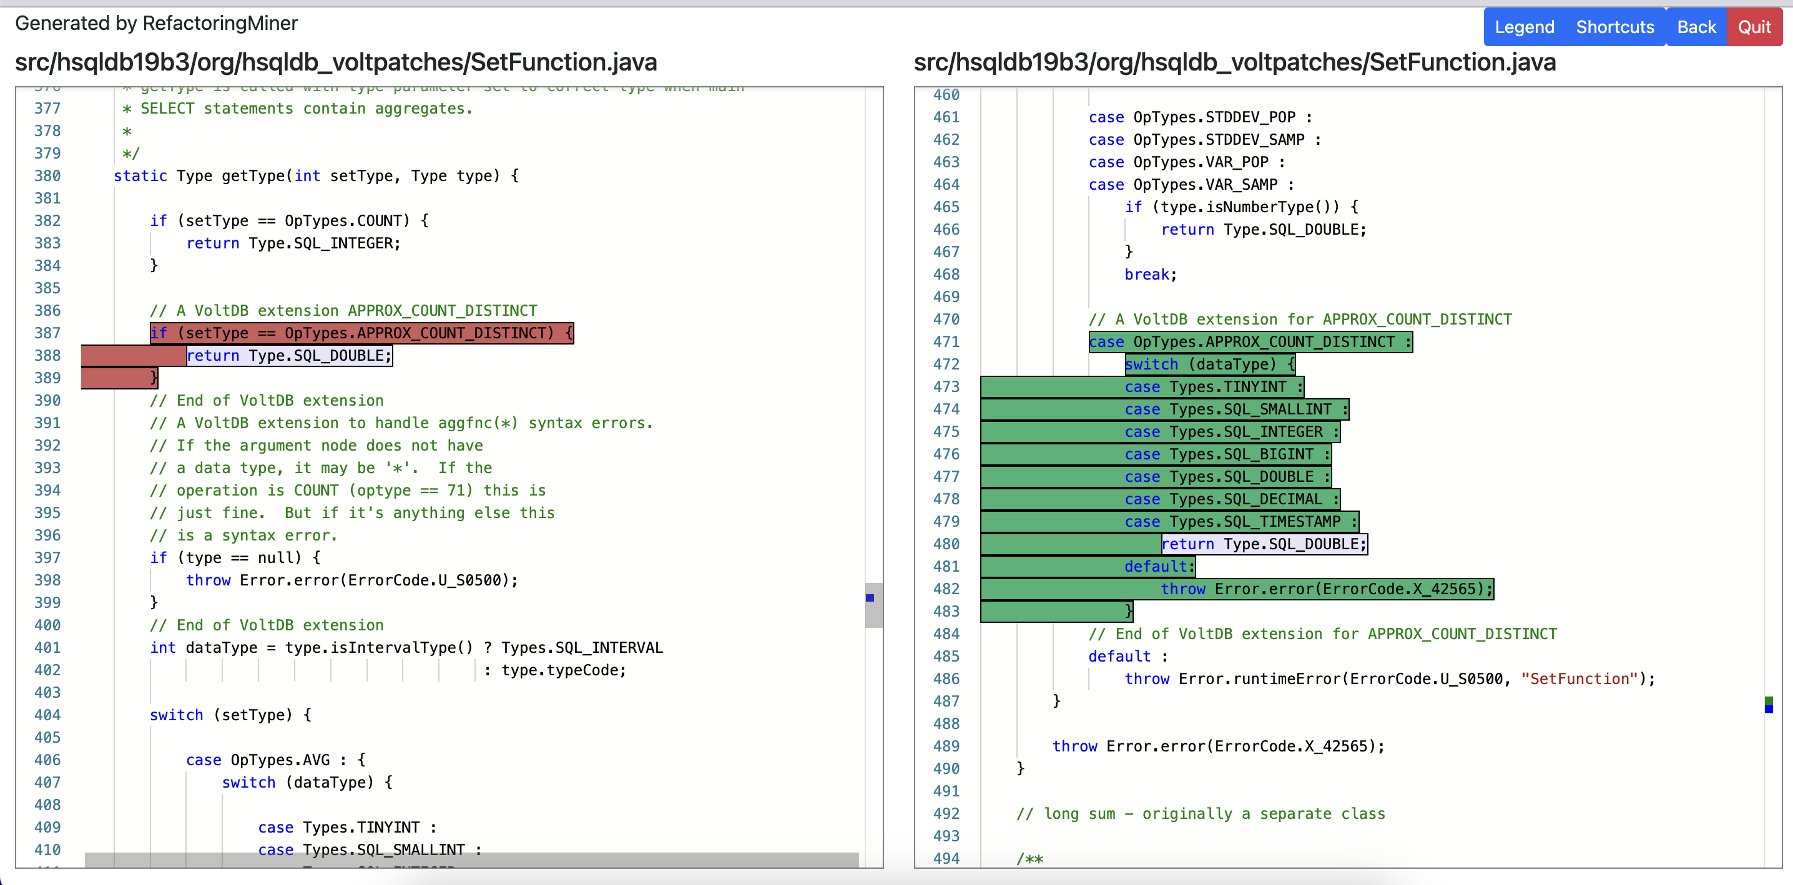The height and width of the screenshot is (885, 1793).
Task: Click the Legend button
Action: pyautogui.click(x=1525, y=27)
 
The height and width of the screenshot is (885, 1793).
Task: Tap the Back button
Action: pyautogui.click(x=1696, y=27)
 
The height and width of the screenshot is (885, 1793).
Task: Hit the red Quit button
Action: pyautogui.click(x=1754, y=27)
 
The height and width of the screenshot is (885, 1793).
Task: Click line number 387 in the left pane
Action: pyautogui.click(x=47, y=333)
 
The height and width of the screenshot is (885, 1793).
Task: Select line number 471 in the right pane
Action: pyautogui.click(x=946, y=341)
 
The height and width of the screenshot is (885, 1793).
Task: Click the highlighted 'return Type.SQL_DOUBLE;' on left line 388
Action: pyautogui.click(x=289, y=356)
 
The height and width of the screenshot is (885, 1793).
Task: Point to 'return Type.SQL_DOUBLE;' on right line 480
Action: pyautogui.click(x=1264, y=544)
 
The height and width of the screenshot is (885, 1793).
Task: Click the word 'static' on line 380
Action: pyautogui.click(x=140, y=176)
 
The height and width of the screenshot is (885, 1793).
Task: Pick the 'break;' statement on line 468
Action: pyautogui.click(x=1150, y=275)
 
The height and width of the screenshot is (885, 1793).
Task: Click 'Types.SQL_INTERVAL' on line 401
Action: pyautogui.click(x=582, y=648)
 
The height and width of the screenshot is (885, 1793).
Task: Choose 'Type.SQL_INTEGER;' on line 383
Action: pyautogui.click(x=325, y=243)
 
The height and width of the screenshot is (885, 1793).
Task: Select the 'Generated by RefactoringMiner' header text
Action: pyautogui.click(x=157, y=24)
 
